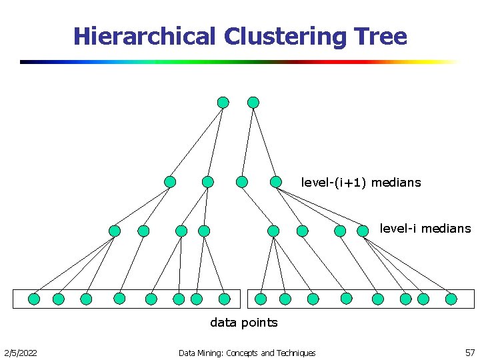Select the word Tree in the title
pyautogui.click(x=382, y=36)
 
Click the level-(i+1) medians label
pyautogui.click(x=361, y=182)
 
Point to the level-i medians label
pyautogui.click(x=425, y=229)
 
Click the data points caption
pyautogui.click(x=243, y=323)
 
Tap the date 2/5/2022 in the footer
pyautogui.click(x=21, y=353)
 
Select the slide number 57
pyautogui.click(x=470, y=353)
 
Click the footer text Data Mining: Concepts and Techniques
pyautogui.click(x=247, y=353)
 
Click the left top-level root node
pyautogui.click(x=223, y=102)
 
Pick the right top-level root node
pyautogui.click(x=253, y=102)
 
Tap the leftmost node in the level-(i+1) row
pyautogui.click(x=170, y=181)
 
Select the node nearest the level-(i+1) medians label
pyautogui.click(x=275, y=181)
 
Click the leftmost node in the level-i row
pyautogui.click(x=115, y=231)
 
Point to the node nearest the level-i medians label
pyautogui.click(x=363, y=231)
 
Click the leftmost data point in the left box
pyautogui.click(x=34, y=299)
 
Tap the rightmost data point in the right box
pyautogui.click(x=451, y=299)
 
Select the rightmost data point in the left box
pyautogui.click(x=225, y=299)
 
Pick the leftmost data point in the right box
pyautogui.click(x=261, y=299)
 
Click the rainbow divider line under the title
pyautogui.click(x=240, y=62)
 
